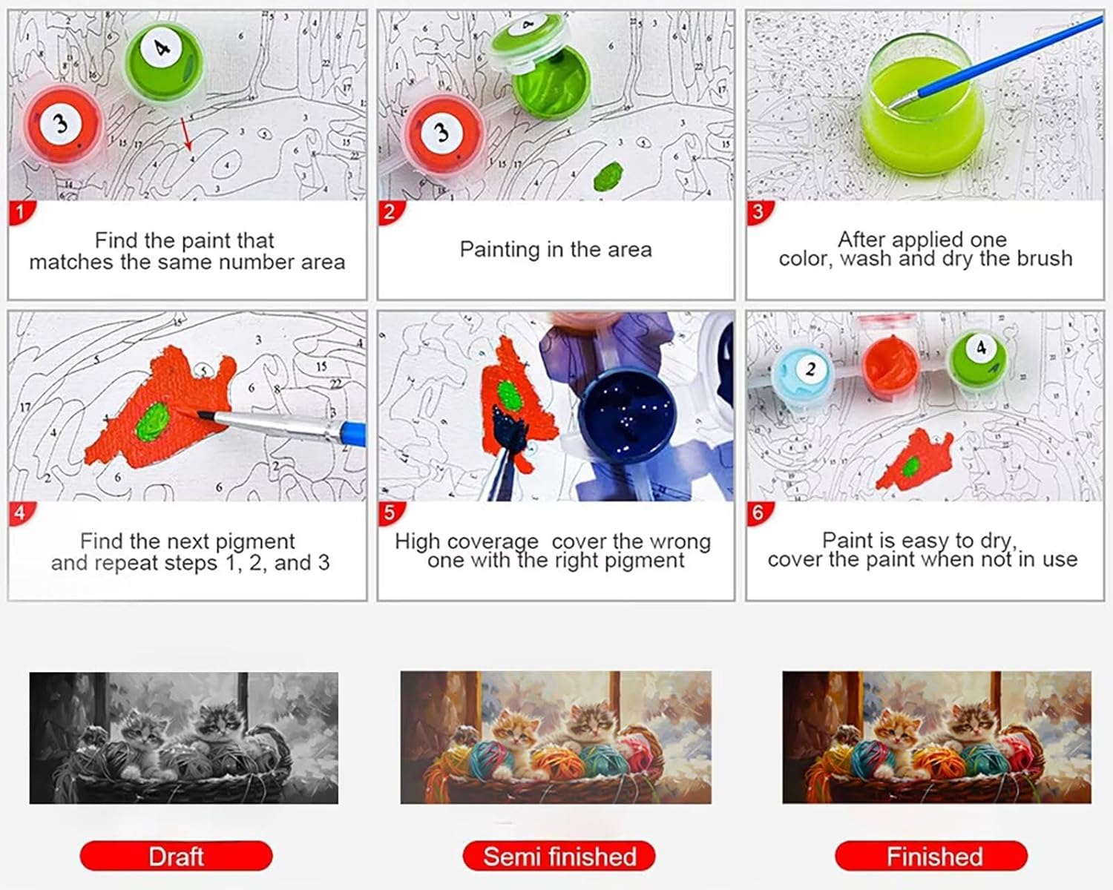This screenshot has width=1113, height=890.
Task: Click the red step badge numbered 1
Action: click(x=22, y=212)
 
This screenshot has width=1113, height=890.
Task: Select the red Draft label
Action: click(x=177, y=856)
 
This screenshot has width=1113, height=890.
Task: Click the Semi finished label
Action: click(x=559, y=856)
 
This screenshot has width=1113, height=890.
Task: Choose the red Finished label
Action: click(x=931, y=856)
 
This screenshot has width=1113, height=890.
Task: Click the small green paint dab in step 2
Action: click(x=608, y=176)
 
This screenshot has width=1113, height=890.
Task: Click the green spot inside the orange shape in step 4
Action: click(x=153, y=423)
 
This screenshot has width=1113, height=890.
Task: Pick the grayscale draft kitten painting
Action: click(x=183, y=738)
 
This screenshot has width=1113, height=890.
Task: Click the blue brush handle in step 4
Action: click(x=354, y=433)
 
